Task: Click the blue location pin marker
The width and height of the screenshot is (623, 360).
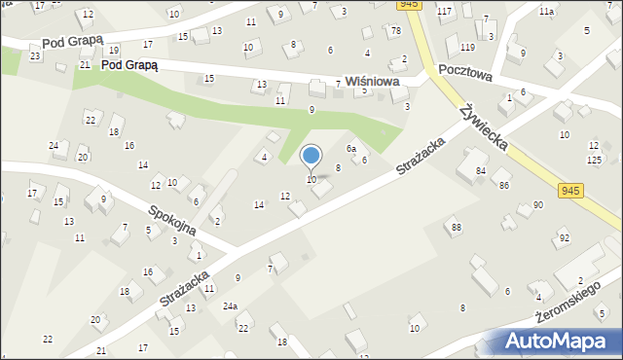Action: (x=311, y=156)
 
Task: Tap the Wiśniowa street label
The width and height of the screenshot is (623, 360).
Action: (x=373, y=83)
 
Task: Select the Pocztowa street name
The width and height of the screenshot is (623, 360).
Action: (x=465, y=72)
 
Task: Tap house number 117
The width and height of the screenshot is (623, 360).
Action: (x=444, y=11)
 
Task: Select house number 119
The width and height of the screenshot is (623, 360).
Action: (x=467, y=47)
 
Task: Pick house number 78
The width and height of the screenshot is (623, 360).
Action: (x=395, y=31)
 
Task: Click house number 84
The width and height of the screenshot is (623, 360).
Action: (x=481, y=171)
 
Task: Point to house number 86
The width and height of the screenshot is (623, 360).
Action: (x=504, y=185)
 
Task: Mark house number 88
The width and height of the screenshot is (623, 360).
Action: (x=456, y=228)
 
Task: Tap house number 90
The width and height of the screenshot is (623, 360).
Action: (x=537, y=205)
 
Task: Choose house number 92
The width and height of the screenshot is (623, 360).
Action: (x=564, y=237)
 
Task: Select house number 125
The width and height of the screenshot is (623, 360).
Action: (x=594, y=159)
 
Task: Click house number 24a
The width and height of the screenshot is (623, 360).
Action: (x=229, y=306)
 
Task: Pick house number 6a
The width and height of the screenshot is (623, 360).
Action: (x=351, y=149)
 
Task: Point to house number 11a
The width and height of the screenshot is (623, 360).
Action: (x=546, y=11)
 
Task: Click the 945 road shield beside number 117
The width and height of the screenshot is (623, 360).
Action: (x=410, y=5)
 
